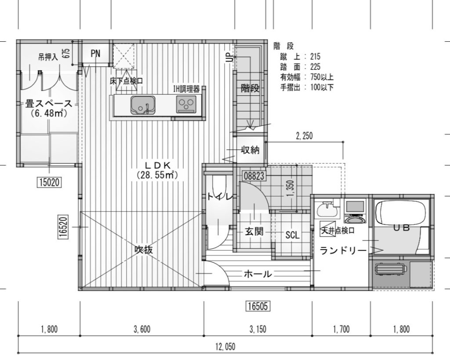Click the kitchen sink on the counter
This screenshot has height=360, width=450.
click(143, 105)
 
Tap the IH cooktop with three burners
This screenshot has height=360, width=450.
click(186, 104)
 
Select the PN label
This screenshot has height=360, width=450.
click(95, 53)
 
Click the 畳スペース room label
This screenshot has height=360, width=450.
click(48, 103)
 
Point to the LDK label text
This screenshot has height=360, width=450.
click(158, 165)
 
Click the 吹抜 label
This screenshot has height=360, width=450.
click(144, 250)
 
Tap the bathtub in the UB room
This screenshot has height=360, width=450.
click(402, 213)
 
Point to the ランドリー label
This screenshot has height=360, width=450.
click(343, 251)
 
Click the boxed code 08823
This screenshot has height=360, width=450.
click(254, 176)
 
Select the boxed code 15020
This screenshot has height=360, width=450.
click(49, 182)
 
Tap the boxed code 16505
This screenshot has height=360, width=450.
click(258, 306)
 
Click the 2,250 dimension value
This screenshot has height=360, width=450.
click(304, 136)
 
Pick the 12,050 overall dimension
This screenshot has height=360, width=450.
click(225, 347)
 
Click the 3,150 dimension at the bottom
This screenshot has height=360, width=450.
click(258, 329)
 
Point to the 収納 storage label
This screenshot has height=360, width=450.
click(250, 150)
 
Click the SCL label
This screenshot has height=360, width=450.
click(292, 236)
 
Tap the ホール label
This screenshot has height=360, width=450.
click(258, 274)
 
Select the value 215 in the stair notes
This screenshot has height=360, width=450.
click(315, 56)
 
